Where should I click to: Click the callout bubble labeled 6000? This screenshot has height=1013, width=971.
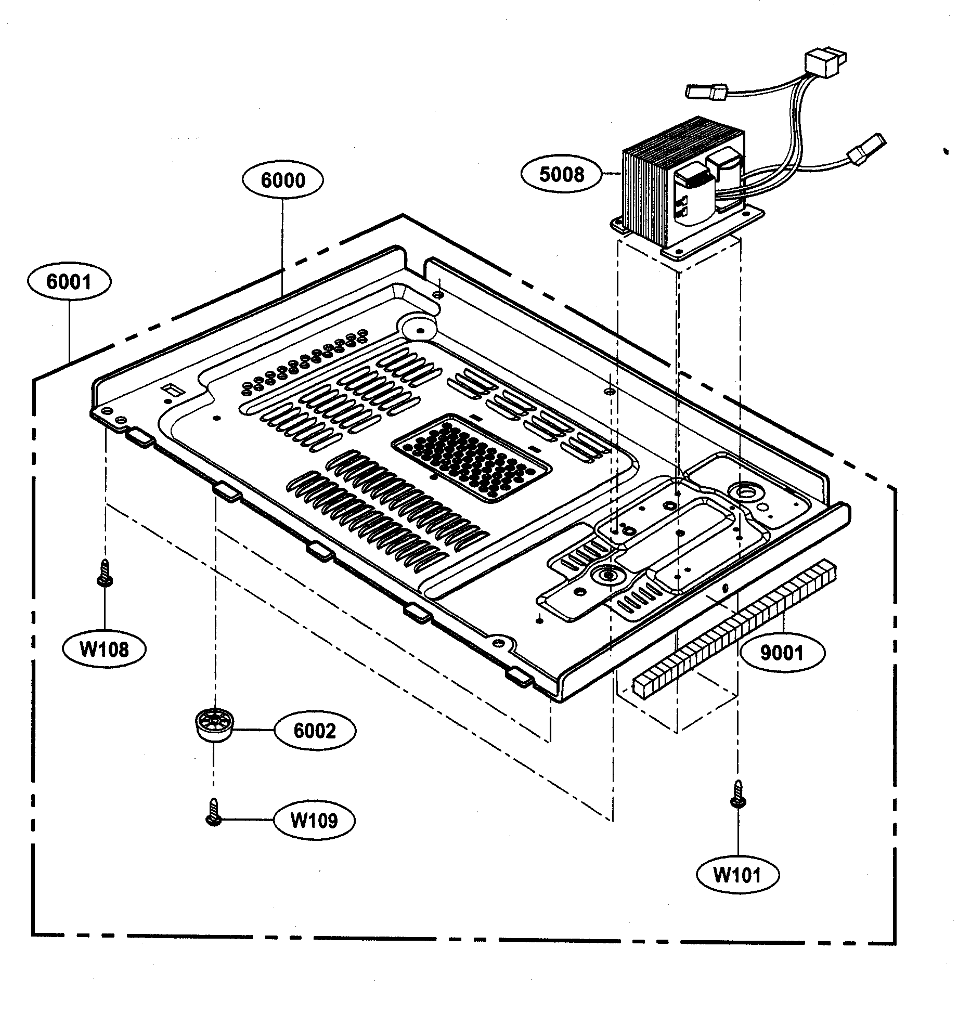(282, 180)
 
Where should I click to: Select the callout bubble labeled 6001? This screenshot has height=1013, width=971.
(69, 282)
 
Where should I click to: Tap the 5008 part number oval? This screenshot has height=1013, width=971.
(562, 174)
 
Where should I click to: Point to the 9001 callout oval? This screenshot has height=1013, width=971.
(782, 653)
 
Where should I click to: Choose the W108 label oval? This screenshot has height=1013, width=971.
(104, 649)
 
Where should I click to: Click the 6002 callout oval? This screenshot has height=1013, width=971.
(315, 731)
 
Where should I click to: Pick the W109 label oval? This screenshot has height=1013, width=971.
(315, 821)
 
